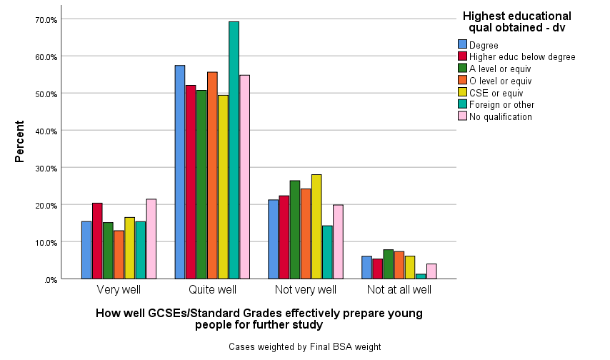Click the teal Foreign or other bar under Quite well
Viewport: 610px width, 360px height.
click(234, 150)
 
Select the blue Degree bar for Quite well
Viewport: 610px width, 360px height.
click(180, 172)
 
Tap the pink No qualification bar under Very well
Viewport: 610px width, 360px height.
click(151, 239)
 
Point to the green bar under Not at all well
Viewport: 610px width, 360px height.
click(388, 264)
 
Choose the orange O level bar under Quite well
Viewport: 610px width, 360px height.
click(212, 175)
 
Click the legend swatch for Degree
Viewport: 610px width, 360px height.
click(462, 45)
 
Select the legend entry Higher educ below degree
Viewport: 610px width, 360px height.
click(522, 57)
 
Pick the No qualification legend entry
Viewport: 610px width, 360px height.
click(501, 116)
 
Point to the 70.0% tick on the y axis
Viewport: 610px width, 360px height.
click(46, 19)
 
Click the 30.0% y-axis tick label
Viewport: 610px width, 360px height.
click(46, 168)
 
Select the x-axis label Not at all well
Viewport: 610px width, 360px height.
click(399, 290)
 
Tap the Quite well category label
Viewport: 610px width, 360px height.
click(212, 290)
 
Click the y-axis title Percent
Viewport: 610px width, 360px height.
click(20, 146)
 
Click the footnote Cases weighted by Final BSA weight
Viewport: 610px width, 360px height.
click(305, 346)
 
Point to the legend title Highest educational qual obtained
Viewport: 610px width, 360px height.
click(516, 21)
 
